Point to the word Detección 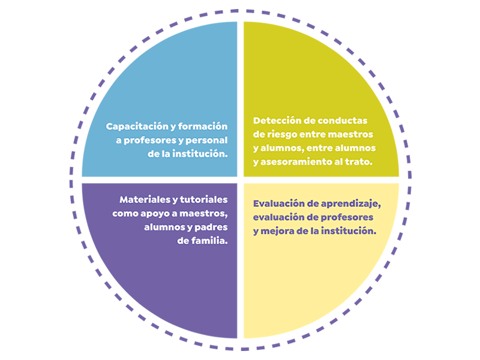point(277,120)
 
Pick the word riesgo point(285,134)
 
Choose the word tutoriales point(203,199)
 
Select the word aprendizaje point(348,203)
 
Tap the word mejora point(277,230)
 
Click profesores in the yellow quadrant point(348,217)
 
